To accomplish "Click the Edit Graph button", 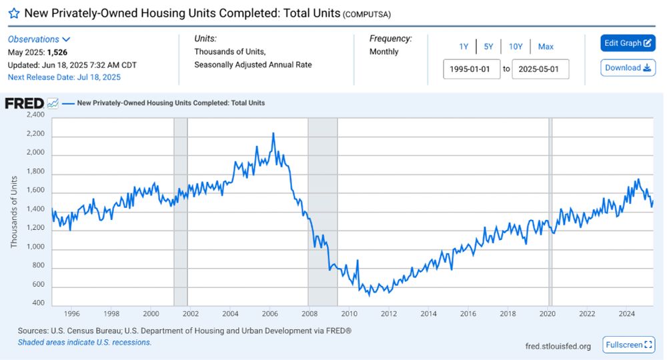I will pos(628,43).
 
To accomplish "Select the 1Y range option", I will pos(464,47).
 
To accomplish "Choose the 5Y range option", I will pos(488,47).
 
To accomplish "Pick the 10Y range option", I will pos(516,47).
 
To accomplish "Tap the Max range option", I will pos(546,47).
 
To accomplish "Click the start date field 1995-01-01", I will pos(472,69).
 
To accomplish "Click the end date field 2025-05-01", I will pos(540,69).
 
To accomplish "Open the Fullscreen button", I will pos(628,345).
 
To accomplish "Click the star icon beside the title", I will pos(13,13).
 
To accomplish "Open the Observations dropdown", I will pos(39,39).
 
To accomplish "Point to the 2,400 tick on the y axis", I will pos(35,115).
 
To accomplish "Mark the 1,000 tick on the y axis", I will pos(35,247).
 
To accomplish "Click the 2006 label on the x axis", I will pos(270,313).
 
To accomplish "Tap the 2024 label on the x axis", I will pos(627,313).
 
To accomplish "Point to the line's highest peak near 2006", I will pos(273,134).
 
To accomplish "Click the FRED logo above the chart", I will pos(24,103).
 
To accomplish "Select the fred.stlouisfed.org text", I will pos(558,346).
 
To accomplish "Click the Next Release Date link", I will pos(64,77).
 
